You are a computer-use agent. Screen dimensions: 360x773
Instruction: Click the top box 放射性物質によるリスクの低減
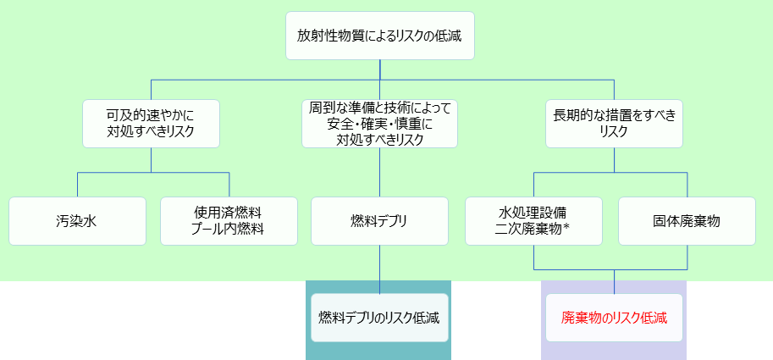point(379,36)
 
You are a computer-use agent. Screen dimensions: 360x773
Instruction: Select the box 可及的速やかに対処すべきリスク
point(151,123)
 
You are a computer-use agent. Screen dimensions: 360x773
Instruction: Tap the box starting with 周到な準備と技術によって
point(379,123)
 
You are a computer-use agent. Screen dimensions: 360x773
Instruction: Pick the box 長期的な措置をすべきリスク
point(615,123)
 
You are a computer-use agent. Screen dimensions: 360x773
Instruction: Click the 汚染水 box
point(77,221)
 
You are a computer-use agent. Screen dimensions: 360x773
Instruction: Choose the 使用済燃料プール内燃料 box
point(229,221)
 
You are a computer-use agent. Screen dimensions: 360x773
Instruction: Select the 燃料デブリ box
point(379,221)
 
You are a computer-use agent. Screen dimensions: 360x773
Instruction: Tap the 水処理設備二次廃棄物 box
point(533,221)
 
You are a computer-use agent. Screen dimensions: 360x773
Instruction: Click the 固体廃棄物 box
point(687,221)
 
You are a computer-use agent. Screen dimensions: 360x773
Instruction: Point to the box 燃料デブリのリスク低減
point(379,318)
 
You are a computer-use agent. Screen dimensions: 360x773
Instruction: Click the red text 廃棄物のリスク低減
point(614,318)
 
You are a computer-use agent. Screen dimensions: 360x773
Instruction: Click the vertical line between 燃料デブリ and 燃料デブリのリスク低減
point(379,269)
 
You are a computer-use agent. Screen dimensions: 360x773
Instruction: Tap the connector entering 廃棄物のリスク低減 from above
point(615,282)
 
